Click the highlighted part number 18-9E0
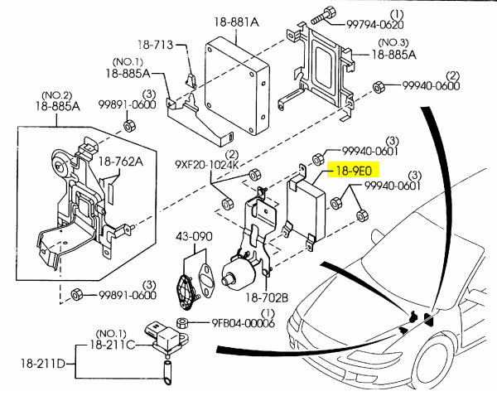click(x=354, y=171)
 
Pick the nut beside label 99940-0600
click(x=377, y=85)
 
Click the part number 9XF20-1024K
click(x=205, y=165)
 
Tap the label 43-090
click(x=194, y=237)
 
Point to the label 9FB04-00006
click(x=243, y=323)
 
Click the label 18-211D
click(x=43, y=363)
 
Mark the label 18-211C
click(x=112, y=344)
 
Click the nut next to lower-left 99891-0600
click(x=75, y=294)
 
